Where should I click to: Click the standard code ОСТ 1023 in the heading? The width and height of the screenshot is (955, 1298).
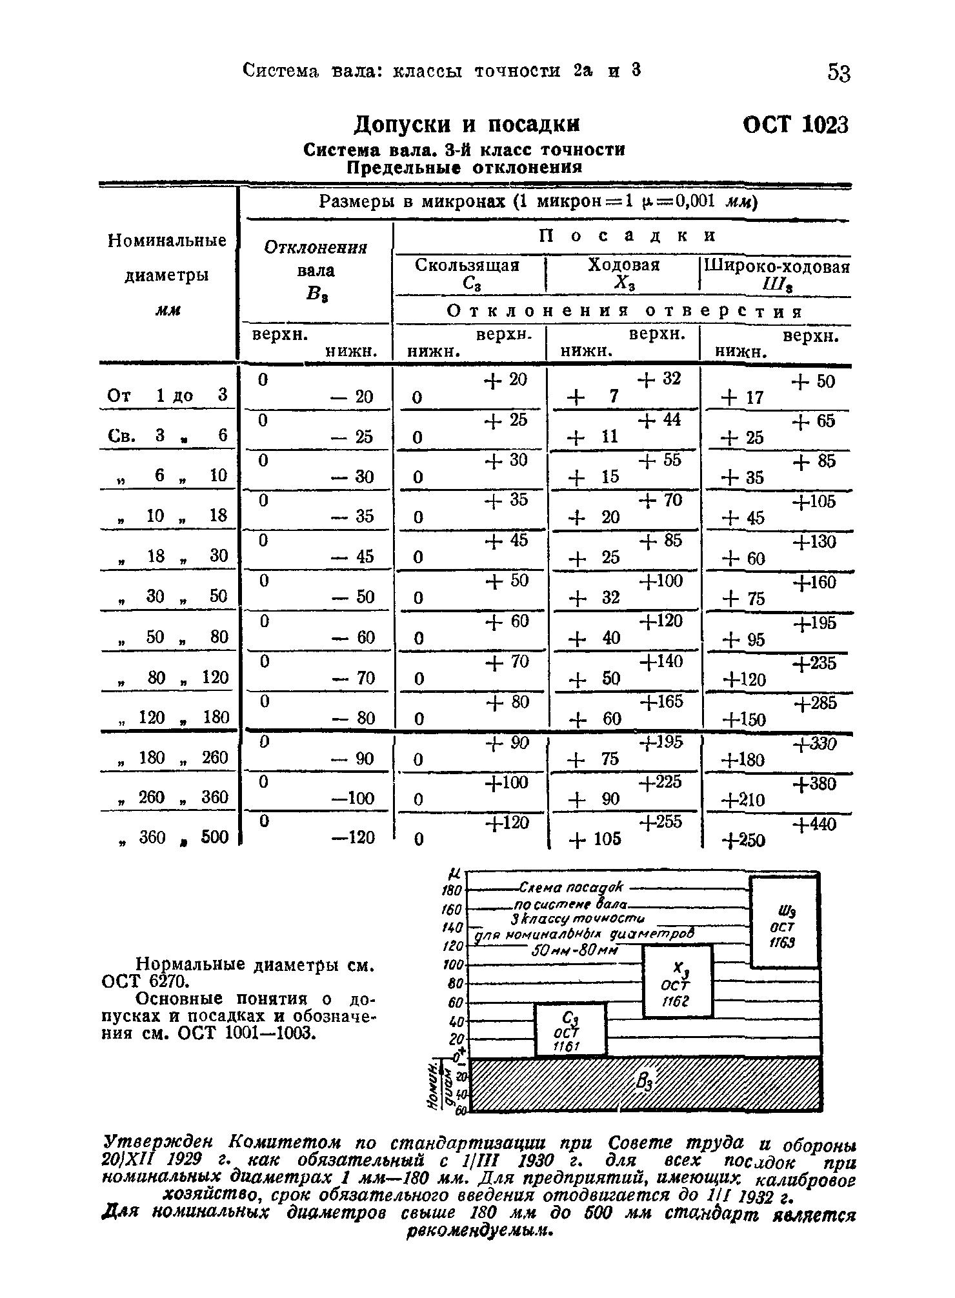click(795, 124)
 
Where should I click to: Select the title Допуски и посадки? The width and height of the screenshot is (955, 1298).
click(468, 124)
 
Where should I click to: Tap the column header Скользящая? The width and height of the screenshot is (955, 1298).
click(467, 265)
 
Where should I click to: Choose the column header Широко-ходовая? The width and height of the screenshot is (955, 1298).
click(777, 266)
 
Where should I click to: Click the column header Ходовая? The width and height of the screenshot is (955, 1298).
click(623, 265)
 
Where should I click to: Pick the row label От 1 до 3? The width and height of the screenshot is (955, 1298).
click(167, 395)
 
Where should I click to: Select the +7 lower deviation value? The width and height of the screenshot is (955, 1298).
click(594, 396)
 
